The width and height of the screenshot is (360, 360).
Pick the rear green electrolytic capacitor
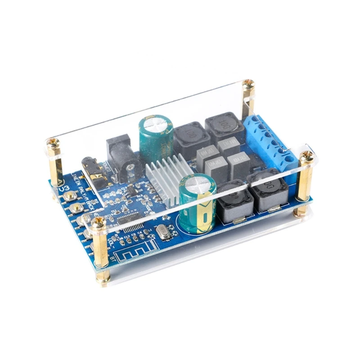[x=156, y=137]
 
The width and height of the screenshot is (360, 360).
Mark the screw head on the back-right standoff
[x=248, y=84]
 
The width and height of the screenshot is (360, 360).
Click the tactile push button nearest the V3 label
[x=70, y=196]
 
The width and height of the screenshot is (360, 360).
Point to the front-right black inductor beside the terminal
[x=267, y=191]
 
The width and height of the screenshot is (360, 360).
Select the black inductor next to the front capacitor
[x=232, y=202]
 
